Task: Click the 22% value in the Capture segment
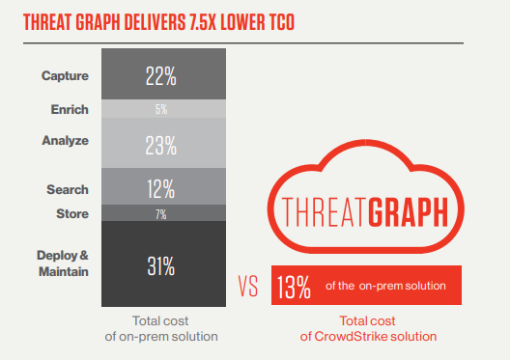(161, 75)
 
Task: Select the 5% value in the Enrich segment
(161, 109)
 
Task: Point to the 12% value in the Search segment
(161, 187)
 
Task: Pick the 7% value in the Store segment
(161, 212)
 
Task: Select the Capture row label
(66, 74)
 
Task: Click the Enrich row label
(70, 110)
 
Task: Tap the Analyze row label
(66, 140)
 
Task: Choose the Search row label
(68, 189)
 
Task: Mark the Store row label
(71, 212)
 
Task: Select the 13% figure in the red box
(294, 285)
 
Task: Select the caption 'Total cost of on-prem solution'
(161, 328)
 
